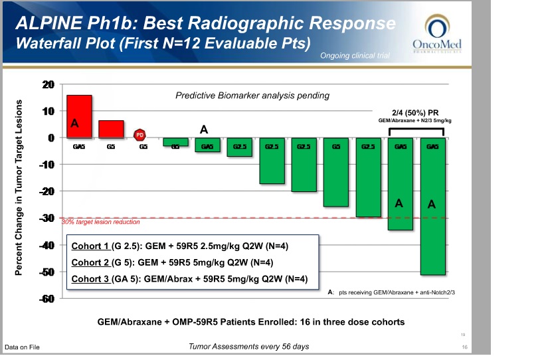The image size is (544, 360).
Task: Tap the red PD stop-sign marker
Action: pos(140,135)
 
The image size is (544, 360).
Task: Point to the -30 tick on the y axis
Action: pos(48,218)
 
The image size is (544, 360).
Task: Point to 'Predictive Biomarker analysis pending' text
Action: pos(252,96)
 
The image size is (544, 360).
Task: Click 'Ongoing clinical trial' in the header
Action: pos(355,55)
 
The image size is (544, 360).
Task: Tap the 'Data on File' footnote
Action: pos(22,347)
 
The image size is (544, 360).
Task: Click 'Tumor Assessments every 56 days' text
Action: pos(248,347)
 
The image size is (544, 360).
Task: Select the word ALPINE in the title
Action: pos(48,25)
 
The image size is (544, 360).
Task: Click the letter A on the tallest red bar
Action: pos(76,123)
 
